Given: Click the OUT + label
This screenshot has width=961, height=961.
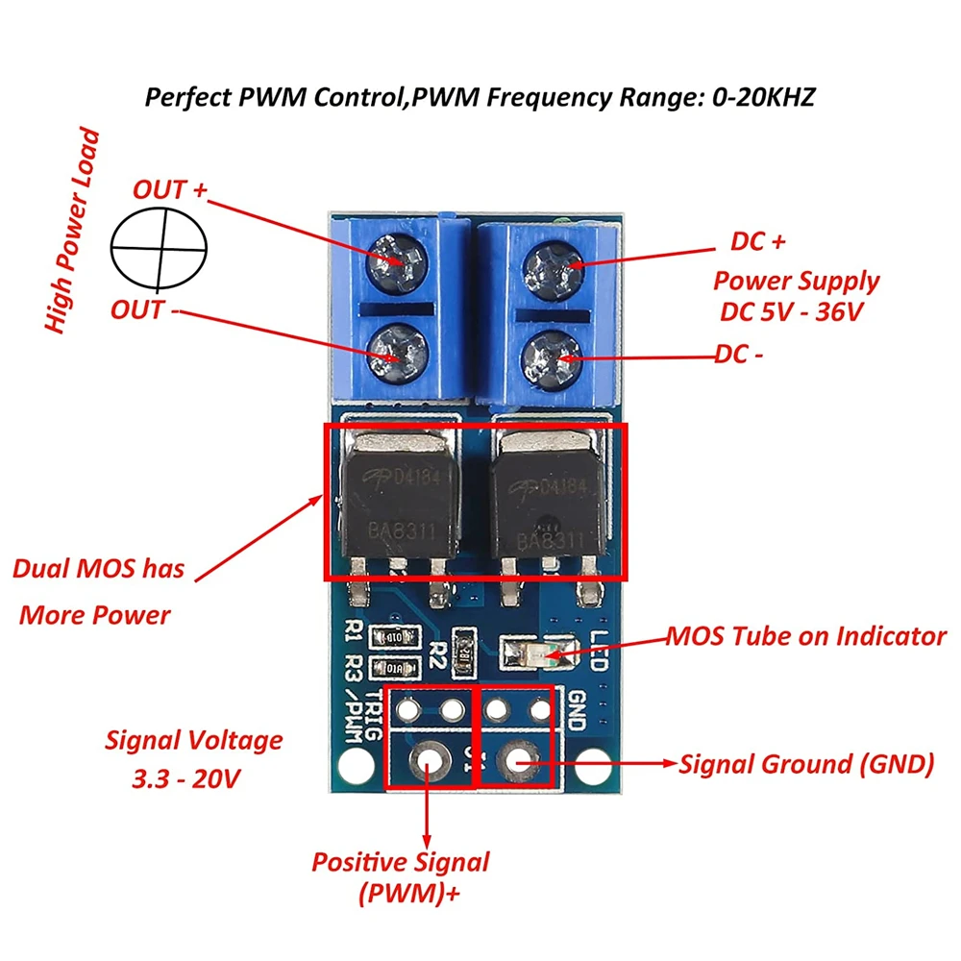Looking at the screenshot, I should [x=170, y=189].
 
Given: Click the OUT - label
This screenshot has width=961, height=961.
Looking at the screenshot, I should [x=149, y=310].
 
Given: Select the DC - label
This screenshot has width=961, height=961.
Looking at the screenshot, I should [x=740, y=354].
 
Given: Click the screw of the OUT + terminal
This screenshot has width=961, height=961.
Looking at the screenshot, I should [x=394, y=258].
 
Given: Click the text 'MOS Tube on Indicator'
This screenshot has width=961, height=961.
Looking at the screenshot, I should [x=806, y=636].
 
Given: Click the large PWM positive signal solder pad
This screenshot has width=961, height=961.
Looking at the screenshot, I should [x=428, y=763].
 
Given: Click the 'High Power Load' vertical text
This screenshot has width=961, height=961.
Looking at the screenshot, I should [x=73, y=231].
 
